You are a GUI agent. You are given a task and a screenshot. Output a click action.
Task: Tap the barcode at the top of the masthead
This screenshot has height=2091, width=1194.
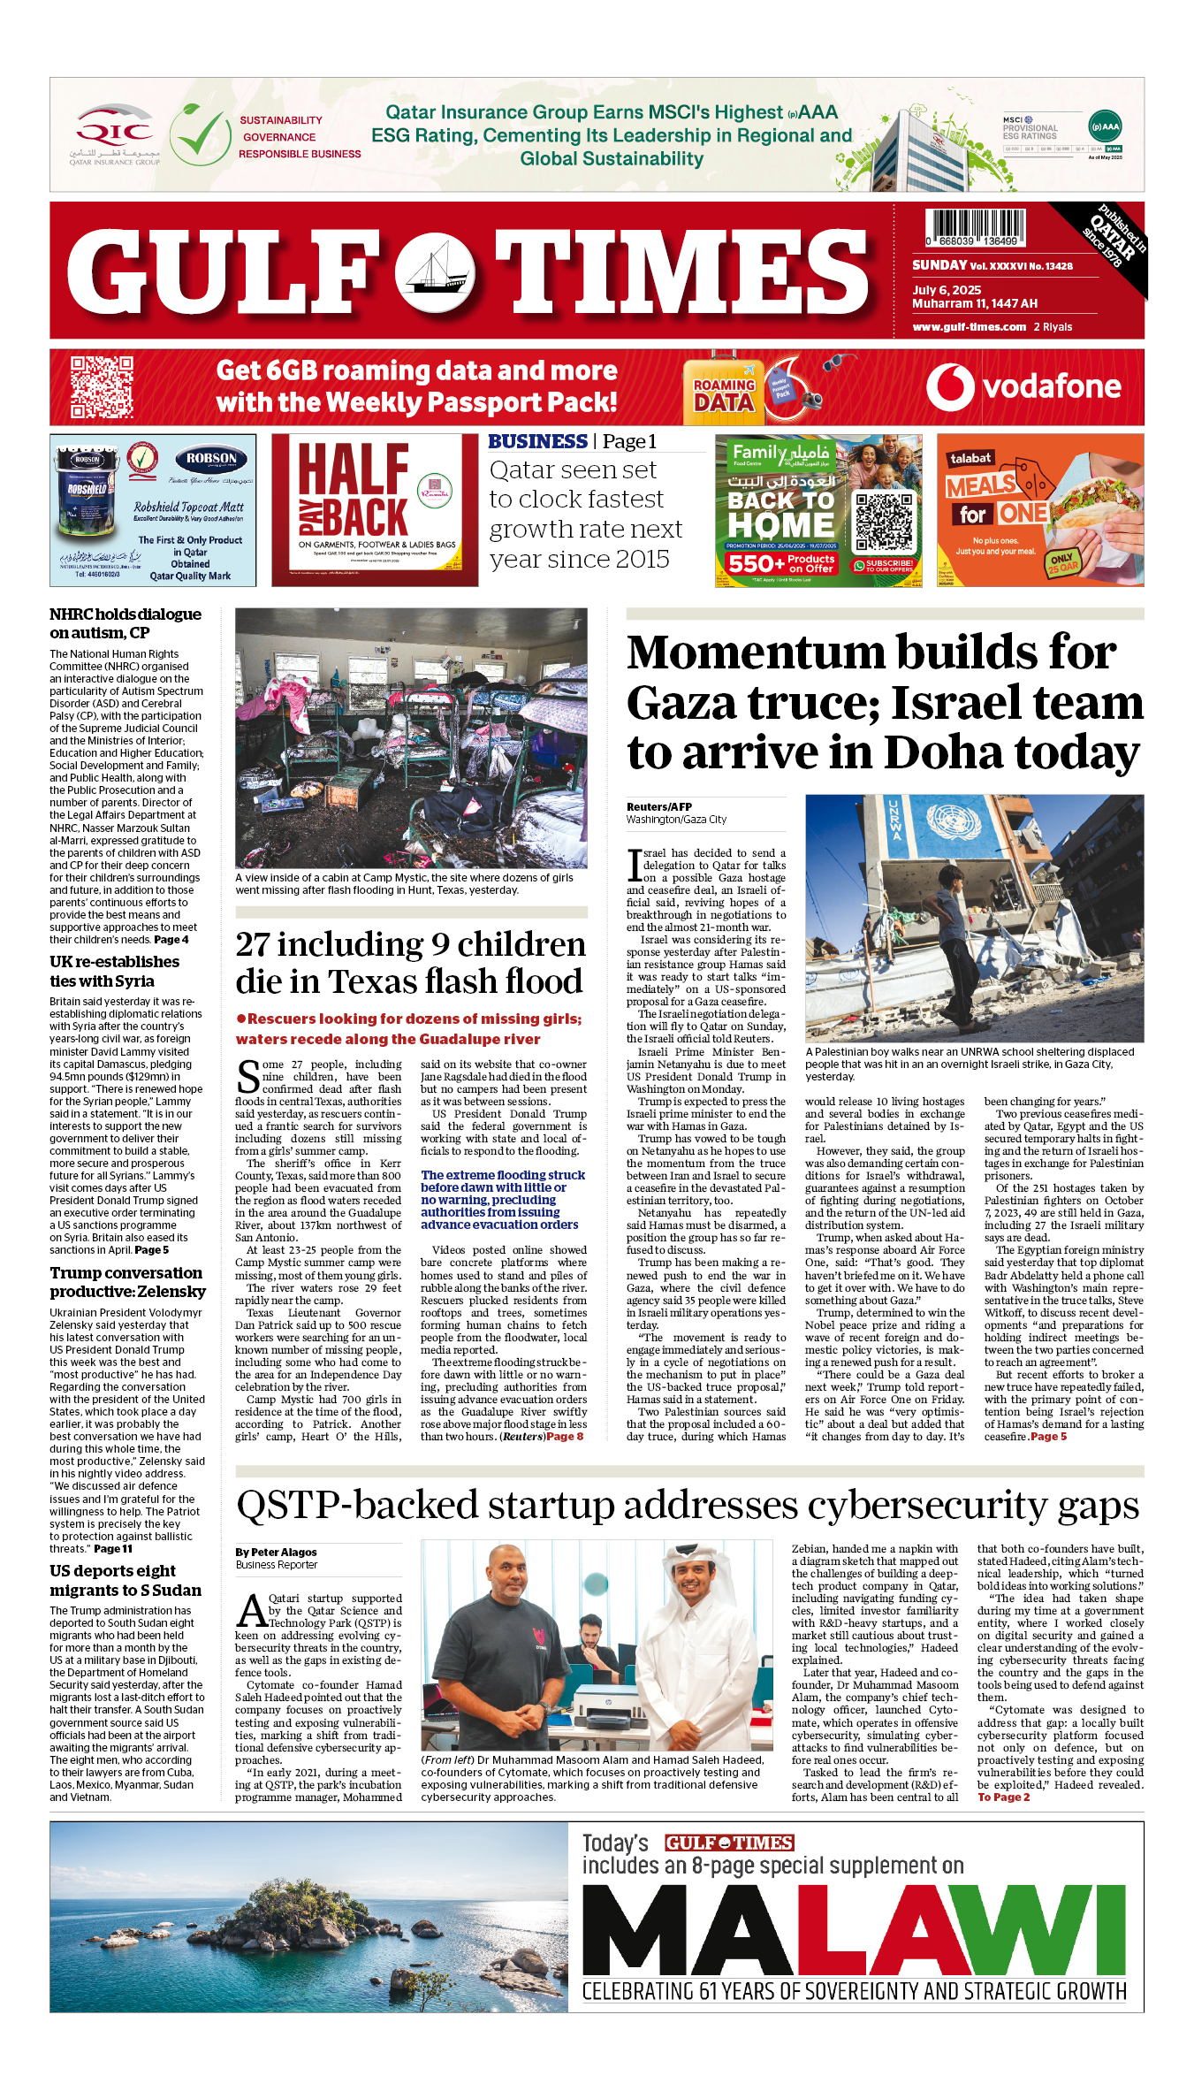[975, 226]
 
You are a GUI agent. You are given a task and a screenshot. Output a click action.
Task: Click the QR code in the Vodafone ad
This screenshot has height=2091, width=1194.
[102, 386]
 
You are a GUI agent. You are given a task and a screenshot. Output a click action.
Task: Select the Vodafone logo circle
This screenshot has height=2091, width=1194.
[950, 387]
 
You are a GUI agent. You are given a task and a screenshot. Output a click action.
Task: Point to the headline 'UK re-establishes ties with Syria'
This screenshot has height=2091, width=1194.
[114, 971]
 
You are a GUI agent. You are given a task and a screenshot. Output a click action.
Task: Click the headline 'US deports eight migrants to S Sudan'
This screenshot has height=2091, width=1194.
[125, 1580]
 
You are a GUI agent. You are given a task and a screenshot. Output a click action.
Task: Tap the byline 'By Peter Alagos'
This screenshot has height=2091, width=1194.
[276, 1552]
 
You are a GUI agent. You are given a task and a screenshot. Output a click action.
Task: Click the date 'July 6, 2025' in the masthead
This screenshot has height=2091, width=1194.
[947, 290]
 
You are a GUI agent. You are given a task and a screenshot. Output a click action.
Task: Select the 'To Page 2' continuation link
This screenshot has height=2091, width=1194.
[1003, 1797]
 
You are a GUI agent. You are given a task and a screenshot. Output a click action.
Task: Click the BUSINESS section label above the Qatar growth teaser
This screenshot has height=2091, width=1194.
[537, 441]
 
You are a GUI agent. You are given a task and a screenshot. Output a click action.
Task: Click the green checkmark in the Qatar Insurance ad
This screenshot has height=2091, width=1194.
[201, 135]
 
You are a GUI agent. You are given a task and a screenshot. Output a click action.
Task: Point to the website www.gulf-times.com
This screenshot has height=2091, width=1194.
[969, 326]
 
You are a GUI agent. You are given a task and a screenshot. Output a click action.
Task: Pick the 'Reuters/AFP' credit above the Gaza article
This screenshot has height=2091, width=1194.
[658, 806]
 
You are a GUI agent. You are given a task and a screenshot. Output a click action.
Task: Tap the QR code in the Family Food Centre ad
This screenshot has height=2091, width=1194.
[883, 523]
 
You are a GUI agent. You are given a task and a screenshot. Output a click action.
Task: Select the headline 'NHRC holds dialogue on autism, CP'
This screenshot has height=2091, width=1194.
[125, 623]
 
